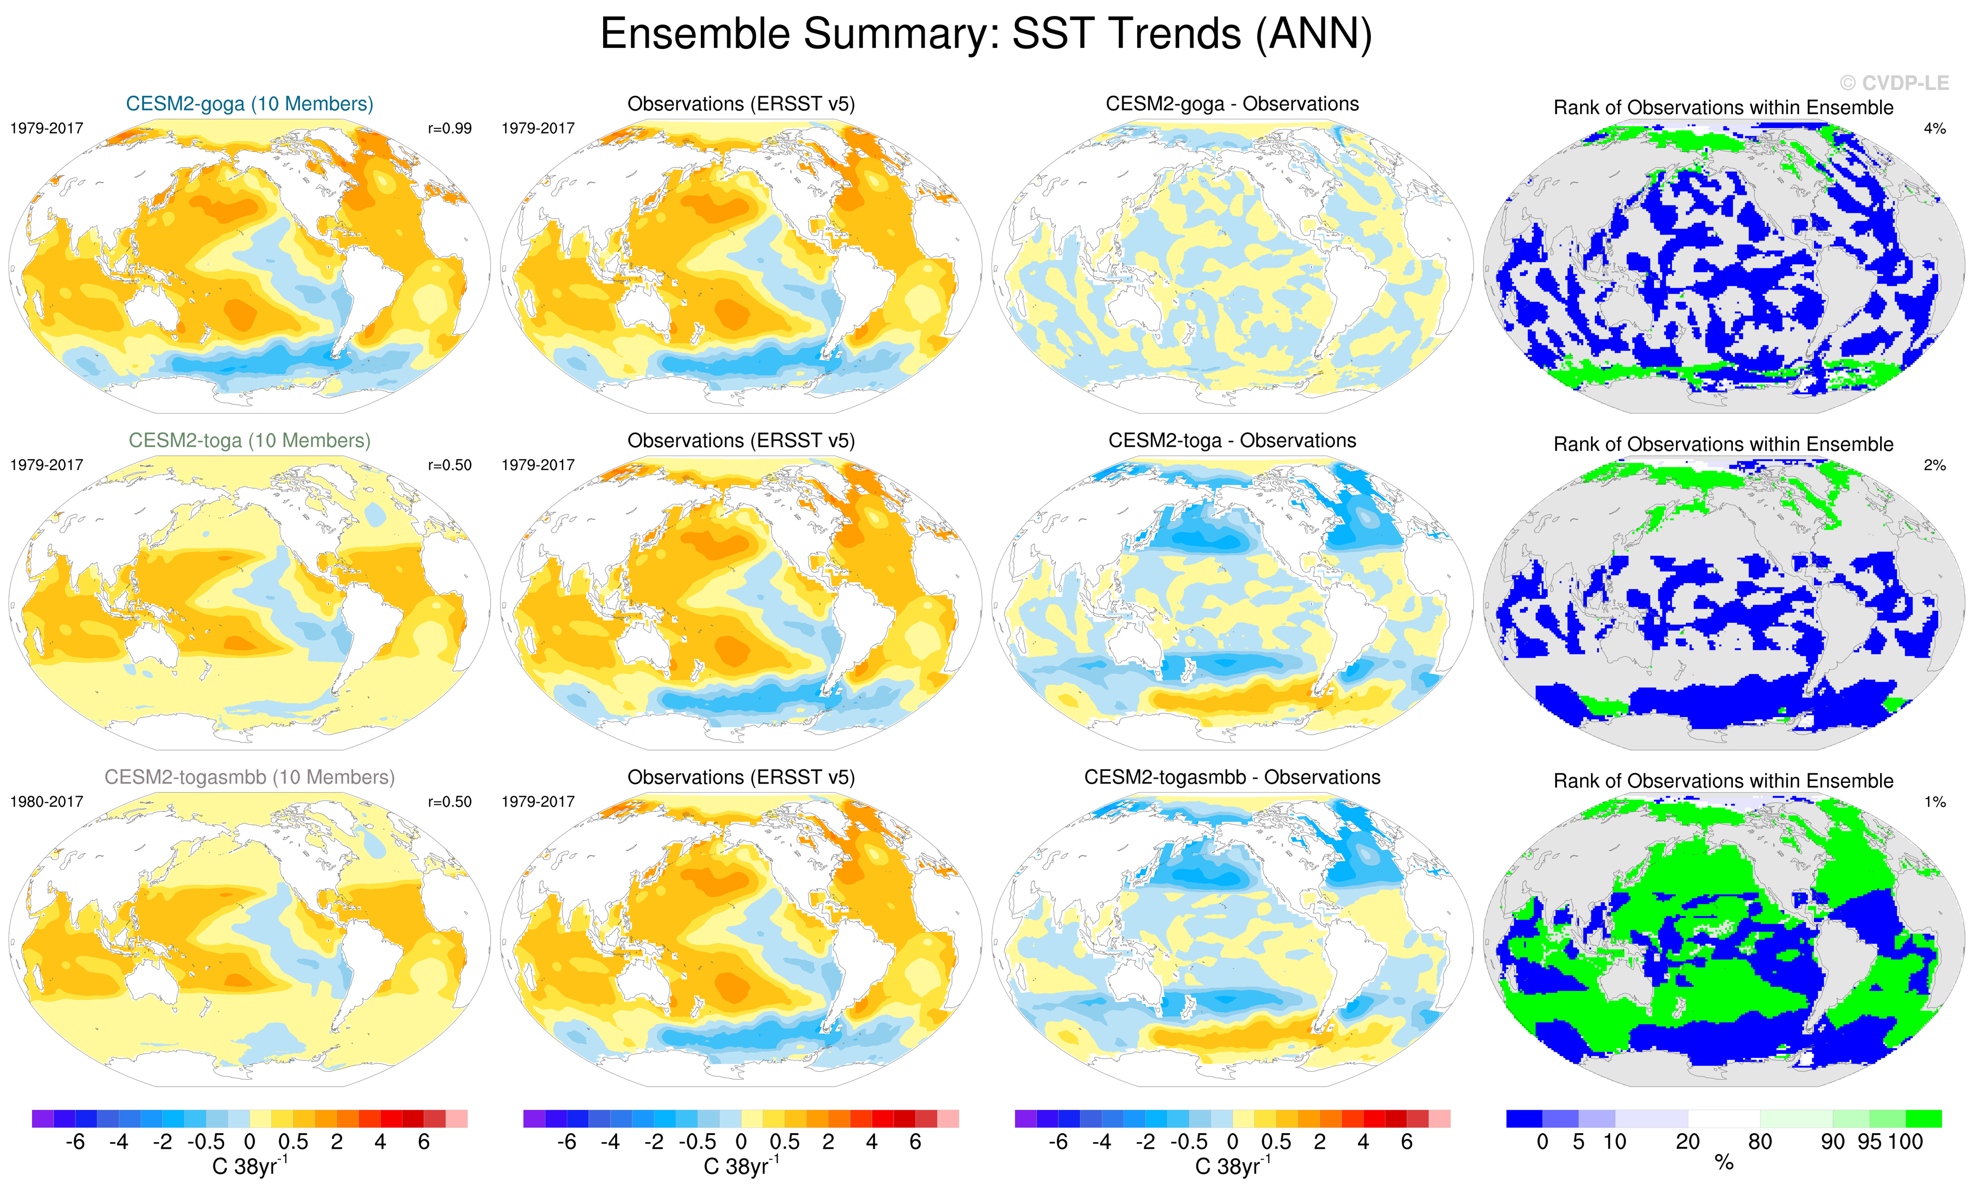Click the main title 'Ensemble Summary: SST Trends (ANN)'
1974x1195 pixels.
point(986,33)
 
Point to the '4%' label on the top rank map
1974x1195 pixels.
point(1934,128)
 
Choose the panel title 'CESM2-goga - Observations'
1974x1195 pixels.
point(1232,104)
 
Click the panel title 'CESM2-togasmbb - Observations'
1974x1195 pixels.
point(1232,777)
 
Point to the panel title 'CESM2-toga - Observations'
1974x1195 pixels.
point(1232,441)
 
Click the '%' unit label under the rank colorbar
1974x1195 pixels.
point(1724,1164)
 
